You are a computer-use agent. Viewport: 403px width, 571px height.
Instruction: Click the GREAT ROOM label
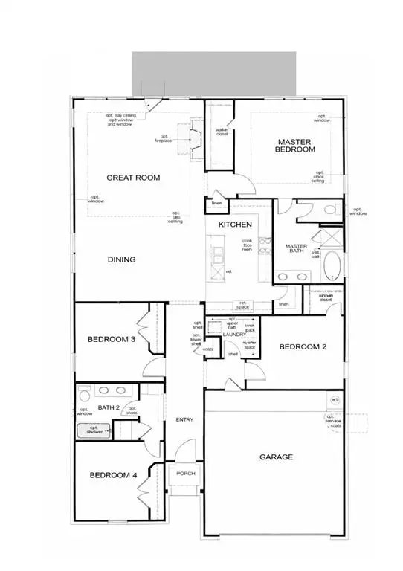[x=134, y=178]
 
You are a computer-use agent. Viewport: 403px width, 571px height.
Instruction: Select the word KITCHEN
[x=234, y=225]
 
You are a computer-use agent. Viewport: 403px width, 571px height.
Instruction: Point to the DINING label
[x=120, y=259]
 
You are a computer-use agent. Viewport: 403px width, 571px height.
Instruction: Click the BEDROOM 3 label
[x=111, y=340]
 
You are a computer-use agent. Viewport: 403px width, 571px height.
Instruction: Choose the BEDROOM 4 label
[x=113, y=476]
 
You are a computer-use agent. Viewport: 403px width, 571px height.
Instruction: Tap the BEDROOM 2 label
[x=303, y=346]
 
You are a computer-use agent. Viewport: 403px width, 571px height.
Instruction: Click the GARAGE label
[x=276, y=457]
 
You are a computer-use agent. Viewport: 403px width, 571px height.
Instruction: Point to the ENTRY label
[x=184, y=420]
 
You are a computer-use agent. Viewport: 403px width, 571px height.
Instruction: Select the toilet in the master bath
[x=329, y=211]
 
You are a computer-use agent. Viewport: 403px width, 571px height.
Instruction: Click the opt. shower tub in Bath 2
[x=94, y=432]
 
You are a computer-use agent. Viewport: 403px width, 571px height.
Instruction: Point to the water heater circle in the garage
[x=335, y=400]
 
